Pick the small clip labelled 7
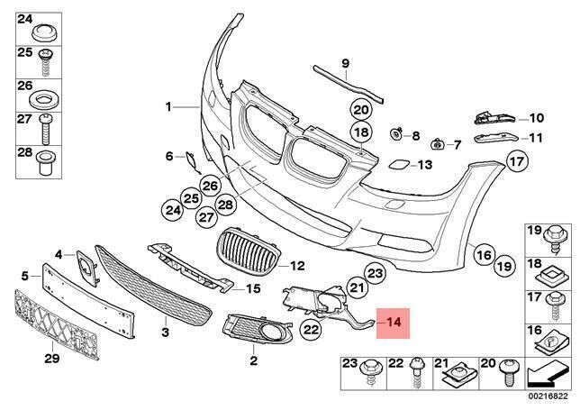tap(436, 143)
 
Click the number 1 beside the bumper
tap(168, 106)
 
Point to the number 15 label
tap(253, 288)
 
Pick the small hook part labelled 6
tap(192, 161)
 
